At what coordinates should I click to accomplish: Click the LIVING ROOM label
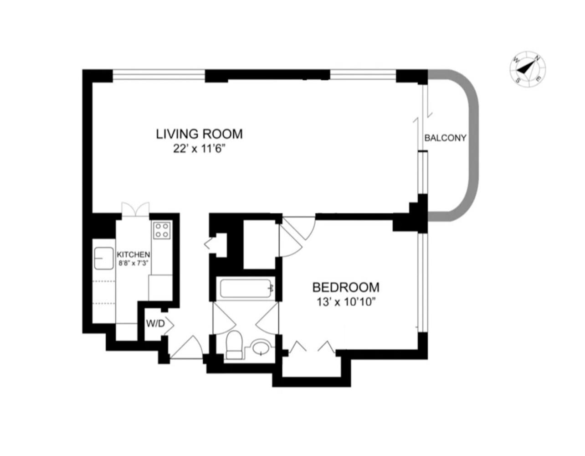199,134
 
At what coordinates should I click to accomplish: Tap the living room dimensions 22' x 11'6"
199,149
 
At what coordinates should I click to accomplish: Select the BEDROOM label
346,287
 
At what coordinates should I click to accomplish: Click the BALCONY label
445,138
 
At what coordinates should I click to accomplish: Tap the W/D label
155,324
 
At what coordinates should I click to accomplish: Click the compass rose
528,69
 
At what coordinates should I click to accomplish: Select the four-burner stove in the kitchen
162,230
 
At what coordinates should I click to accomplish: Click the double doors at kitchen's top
135,208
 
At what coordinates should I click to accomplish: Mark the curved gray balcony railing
474,146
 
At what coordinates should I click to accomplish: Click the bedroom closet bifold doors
312,347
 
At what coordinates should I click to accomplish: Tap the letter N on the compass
538,58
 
